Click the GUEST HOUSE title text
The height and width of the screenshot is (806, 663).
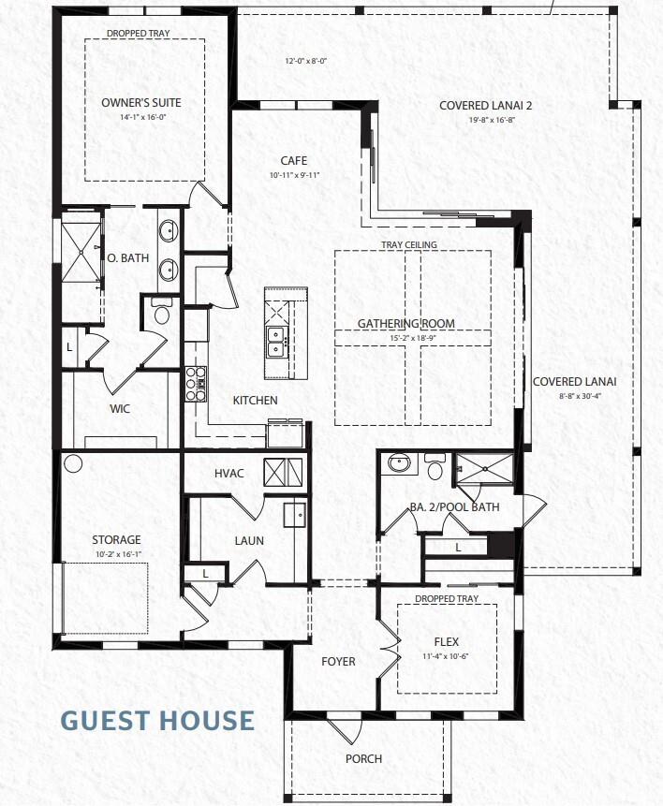157,720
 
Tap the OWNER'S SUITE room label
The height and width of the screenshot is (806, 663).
141,102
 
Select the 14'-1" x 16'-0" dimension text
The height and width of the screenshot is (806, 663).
141,117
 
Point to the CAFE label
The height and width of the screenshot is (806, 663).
294,161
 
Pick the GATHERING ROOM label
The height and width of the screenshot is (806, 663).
406,324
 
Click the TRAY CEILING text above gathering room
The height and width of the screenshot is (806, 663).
408,245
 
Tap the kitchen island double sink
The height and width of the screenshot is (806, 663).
276,343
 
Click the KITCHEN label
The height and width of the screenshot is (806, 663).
255,401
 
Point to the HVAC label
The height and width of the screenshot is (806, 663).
228,473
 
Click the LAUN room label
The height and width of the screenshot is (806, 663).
249,540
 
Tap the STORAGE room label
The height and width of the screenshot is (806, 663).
116,540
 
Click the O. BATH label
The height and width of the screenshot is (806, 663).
128,258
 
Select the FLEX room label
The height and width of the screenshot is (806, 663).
446,643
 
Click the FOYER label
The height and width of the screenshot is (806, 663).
338,662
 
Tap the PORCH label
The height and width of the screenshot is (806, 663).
363,758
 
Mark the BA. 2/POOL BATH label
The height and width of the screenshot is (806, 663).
454,507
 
